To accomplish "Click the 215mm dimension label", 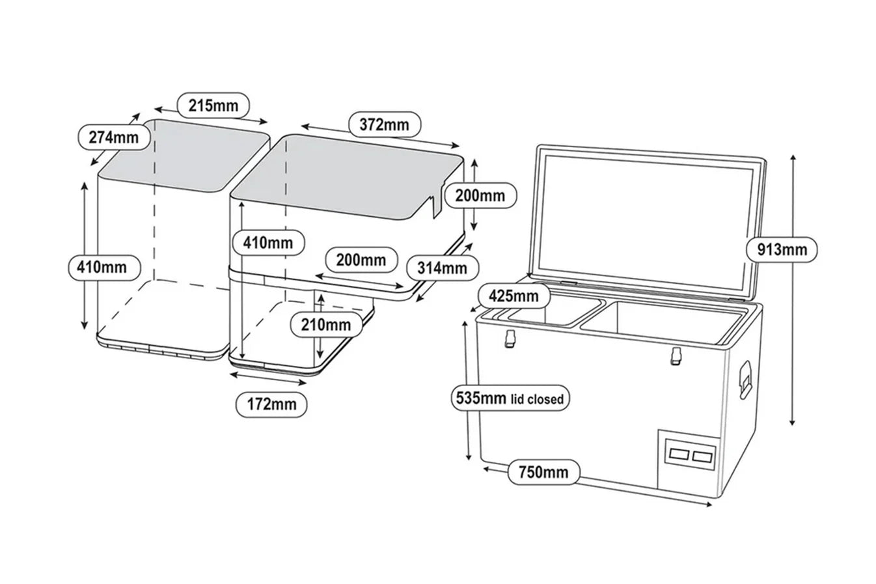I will [213, 105].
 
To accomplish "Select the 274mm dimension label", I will [114, 137].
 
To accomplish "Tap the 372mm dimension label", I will [384, 124].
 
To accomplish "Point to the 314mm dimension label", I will [442, 267].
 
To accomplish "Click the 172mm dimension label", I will [271, 404].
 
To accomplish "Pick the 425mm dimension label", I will [513, 296].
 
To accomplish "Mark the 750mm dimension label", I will [543, 471].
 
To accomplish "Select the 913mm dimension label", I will [781, 249].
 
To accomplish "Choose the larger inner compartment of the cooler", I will [664, 322].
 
